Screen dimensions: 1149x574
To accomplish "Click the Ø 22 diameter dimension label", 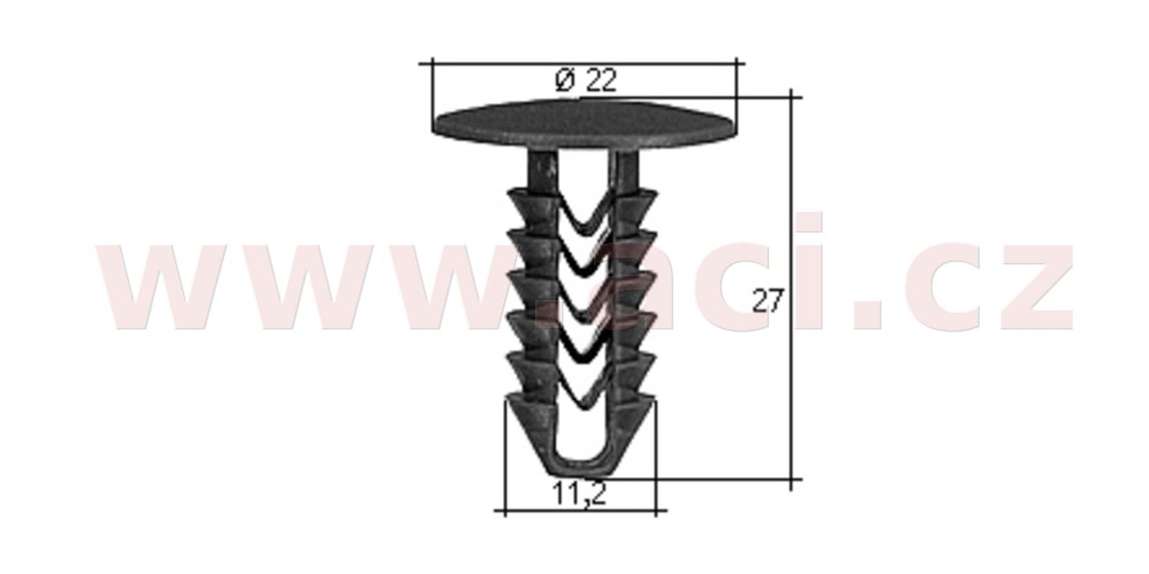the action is (x=586, y=80).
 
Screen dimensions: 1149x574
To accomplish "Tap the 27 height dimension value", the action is (x=768, y=301).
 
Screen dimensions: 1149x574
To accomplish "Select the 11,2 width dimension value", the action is (x=579, y=494).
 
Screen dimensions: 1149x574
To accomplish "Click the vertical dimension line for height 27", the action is (x=791, y=290).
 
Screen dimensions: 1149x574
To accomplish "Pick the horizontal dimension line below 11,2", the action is (x=580, y=510).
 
